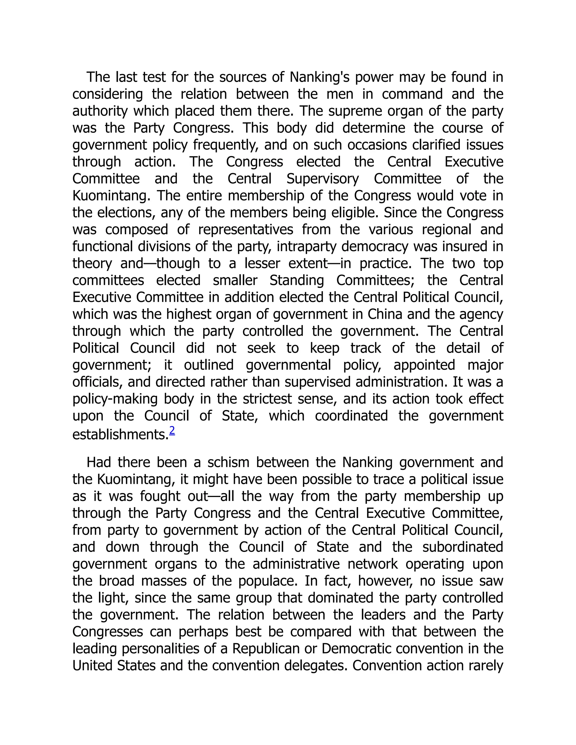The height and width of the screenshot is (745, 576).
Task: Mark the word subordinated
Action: pyautogui.click(x=463, y=547)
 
